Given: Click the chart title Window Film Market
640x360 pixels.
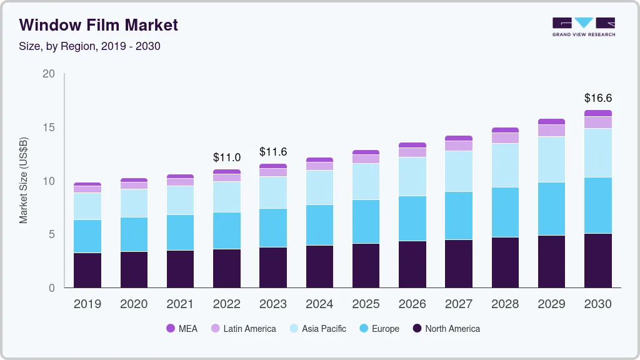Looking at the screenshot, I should [99, 25].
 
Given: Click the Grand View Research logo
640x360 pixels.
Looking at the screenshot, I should [583, 27].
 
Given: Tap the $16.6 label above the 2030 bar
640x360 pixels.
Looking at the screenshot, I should [597, 98].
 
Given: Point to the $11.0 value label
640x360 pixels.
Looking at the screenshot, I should [226, 157].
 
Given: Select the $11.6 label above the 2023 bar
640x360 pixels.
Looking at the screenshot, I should [272, 152].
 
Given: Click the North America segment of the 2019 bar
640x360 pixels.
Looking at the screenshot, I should [87, 270].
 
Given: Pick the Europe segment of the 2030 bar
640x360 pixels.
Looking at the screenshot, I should [597, 206].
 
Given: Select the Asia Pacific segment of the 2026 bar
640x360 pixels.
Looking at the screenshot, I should [412, 176].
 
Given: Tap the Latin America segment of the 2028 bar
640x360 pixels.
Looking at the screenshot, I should [505, 138].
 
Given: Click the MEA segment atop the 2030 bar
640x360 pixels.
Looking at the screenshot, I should [597, 113].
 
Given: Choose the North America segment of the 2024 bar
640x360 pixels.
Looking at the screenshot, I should [319, 266].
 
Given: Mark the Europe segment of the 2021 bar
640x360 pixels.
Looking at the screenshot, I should [180, 232].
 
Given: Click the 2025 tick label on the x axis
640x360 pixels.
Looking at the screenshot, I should [366, 304].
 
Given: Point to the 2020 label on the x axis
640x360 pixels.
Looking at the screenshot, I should [134, 304].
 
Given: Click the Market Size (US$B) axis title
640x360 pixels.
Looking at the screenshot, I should [24, 180].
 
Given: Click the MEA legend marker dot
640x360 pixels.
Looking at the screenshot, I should [171, 329].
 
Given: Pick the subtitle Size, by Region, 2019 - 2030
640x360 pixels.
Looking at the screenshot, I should [90, 46].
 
